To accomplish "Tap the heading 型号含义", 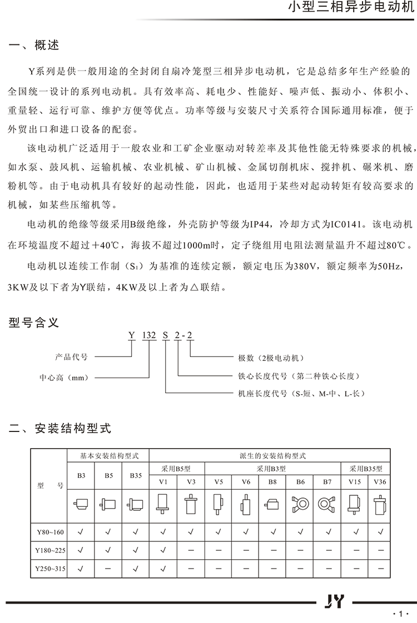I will [34, 322].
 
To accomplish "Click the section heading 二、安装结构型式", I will [61, 428].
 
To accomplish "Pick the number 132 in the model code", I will [148, 335].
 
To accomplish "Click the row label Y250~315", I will [50, 569].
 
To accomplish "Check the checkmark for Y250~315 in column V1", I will [163, 569].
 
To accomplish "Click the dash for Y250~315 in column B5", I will [108, 569].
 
